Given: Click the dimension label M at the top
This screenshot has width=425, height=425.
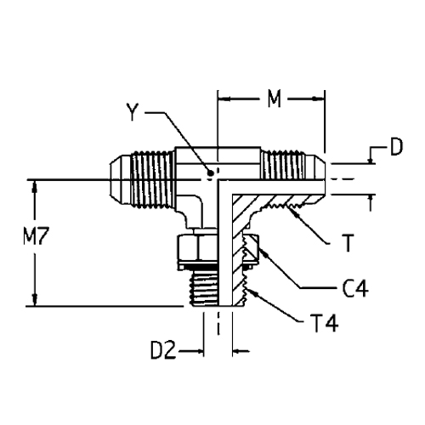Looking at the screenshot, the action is click(275, 99).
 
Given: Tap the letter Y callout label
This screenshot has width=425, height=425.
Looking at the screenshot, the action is click(133, 112).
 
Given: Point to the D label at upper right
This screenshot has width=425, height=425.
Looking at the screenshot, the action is click(396, 147).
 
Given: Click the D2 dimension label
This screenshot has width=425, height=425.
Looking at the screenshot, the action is click(163, 350).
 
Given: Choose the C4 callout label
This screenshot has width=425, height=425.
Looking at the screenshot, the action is click(355, 288).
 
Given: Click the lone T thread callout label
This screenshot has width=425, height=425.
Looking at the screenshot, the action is click(348, 243).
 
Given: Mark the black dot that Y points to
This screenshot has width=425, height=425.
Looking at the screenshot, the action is click(210, 173).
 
